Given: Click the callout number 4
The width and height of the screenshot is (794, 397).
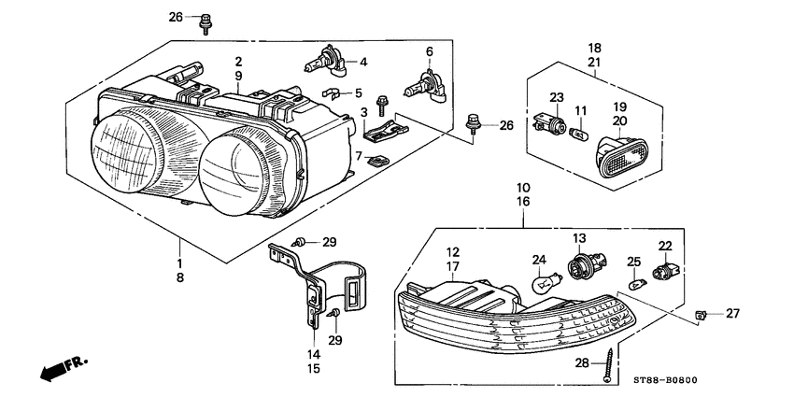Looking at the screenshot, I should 363,63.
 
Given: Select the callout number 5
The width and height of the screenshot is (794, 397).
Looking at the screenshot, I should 357,92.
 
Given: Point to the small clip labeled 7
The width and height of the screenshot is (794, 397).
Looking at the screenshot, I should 378,160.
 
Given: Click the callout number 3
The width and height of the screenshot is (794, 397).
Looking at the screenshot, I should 363,113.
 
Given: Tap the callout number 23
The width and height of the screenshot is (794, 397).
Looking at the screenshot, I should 556,98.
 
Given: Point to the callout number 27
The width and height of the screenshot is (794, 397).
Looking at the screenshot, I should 732,314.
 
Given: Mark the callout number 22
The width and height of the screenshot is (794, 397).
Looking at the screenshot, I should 665,246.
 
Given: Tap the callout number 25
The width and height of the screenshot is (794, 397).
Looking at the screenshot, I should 633,261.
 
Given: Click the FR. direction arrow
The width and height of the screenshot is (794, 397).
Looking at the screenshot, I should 58,368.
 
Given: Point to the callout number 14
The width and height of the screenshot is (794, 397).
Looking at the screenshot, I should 314,355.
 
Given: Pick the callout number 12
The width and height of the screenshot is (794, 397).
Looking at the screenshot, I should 452,252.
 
